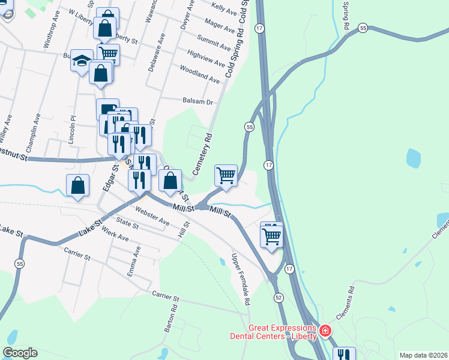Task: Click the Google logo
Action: click(x=20, y=353)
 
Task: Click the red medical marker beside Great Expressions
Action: click(x=325, y=331)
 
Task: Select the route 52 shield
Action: click(x=278, y=298)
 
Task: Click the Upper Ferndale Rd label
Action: click(x=240, y=280)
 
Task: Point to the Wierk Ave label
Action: click(x=115, y=234)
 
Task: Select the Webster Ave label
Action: click(x=152, y=216)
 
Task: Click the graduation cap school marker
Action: click(x=81, y=61)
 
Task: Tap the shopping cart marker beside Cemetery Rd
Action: click(x=226, y=176)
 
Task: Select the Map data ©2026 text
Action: click(x=424, y=355)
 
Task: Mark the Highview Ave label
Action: click(x=206, y=59)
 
